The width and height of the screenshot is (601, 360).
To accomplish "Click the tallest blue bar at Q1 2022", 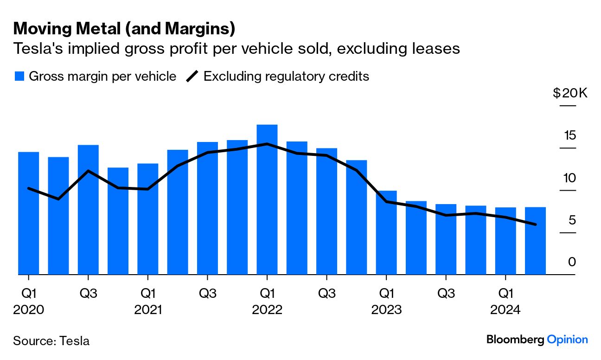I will [x=267, y=199].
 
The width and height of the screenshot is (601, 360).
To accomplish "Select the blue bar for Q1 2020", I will [x=28, y=213].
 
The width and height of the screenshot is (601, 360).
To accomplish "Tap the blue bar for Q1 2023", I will [x=386, y=232].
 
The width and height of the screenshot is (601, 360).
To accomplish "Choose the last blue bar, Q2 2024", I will [x=535, y=241].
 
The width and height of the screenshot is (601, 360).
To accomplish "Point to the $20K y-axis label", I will [x=570, y=93].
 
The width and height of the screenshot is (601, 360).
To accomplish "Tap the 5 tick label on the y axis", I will [x=572, y=220].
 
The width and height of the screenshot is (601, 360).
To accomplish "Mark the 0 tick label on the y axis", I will [x=572, y=262].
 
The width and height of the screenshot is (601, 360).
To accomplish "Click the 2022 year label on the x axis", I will [x=267, y=309].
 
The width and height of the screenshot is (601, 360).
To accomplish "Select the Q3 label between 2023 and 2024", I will [x=446, y=293].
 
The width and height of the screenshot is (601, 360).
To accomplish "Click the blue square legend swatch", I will [x=19, y=77].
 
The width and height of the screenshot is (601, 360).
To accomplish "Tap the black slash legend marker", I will [x=192, y=77].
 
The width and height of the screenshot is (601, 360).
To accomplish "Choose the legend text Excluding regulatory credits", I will [x=286, y=77].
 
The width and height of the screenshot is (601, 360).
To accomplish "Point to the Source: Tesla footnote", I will [x=51, y=341].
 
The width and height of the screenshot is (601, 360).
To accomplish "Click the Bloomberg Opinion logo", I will [x=537, y=340].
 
